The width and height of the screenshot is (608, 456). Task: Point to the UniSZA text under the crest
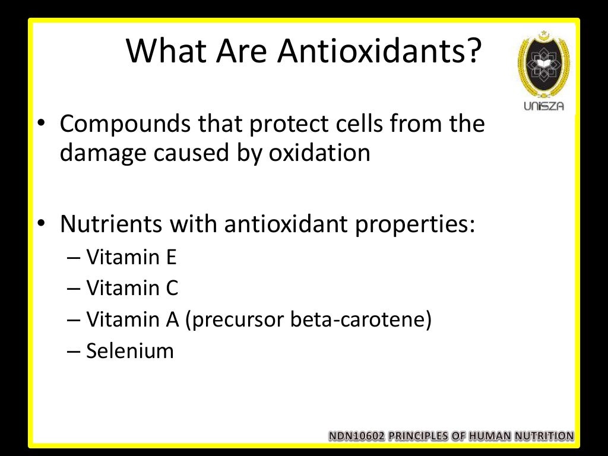[x=544, y=106]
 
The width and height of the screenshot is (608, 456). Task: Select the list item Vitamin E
[x=131, y=258]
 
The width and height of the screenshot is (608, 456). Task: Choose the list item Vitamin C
[x=132, y=289]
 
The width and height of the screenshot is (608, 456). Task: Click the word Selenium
[x=130, y=351]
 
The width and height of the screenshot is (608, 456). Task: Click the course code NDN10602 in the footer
[x=357, y=436]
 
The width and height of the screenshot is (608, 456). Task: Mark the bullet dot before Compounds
[x=40, y=125]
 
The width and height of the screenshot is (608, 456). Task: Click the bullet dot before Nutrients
[x=40, y=226]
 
